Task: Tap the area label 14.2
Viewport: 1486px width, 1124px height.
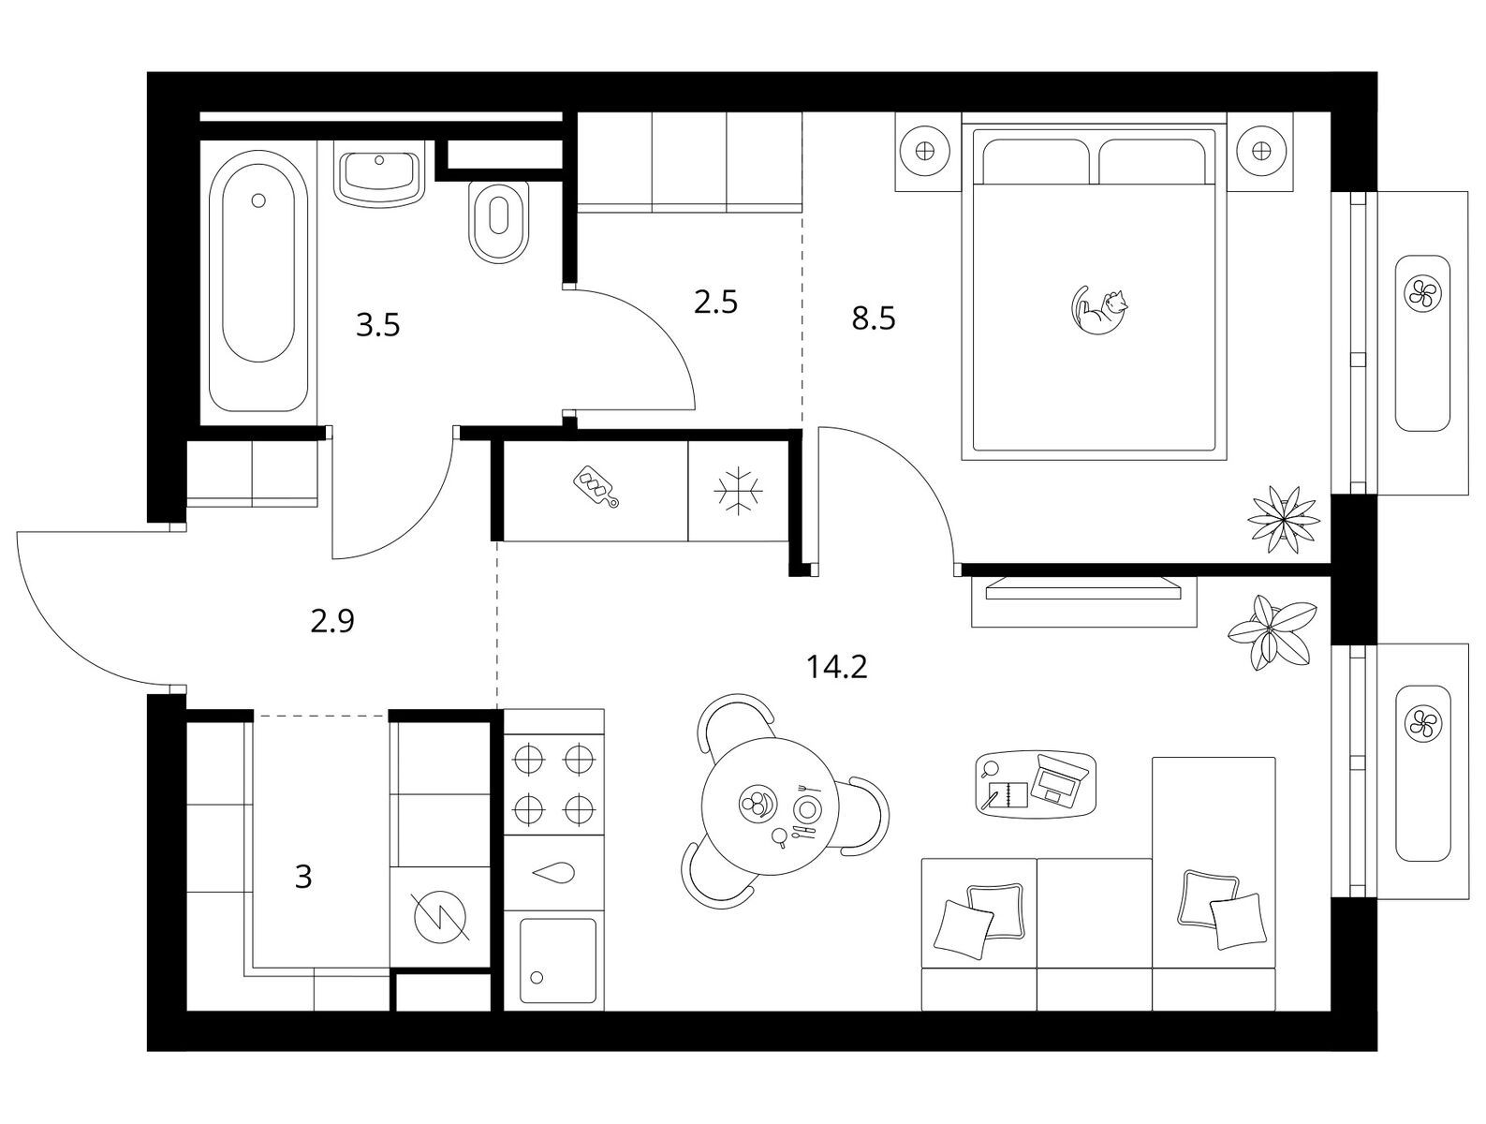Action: tap(837, 667)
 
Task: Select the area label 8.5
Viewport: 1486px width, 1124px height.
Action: tap(874, 318)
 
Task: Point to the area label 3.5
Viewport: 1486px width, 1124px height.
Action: tap(377, 325)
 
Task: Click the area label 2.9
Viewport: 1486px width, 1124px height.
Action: tap(332, 620)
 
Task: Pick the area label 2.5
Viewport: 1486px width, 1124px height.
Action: tap(715, 302)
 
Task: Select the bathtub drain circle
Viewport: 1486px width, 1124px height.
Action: tap(257, 200)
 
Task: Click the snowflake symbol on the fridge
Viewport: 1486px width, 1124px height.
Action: tap(738, 489)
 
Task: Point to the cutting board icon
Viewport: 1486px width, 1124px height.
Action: tap(596, 485)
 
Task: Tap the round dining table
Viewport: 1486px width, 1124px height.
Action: tap(770, 806)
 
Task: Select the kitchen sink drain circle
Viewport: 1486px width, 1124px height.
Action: tap(537, 977)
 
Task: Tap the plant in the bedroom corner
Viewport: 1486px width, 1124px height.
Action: tap(1284, 520)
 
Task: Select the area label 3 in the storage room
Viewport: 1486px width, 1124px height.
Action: tap(303, 877)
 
